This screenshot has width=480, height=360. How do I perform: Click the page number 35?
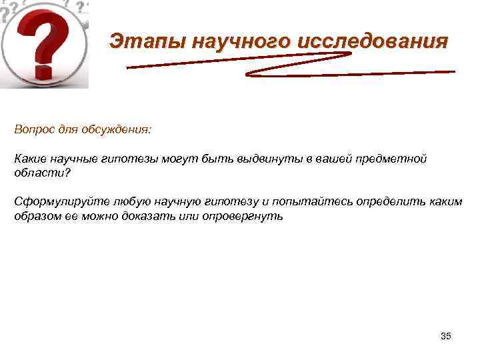pos(446,336)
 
